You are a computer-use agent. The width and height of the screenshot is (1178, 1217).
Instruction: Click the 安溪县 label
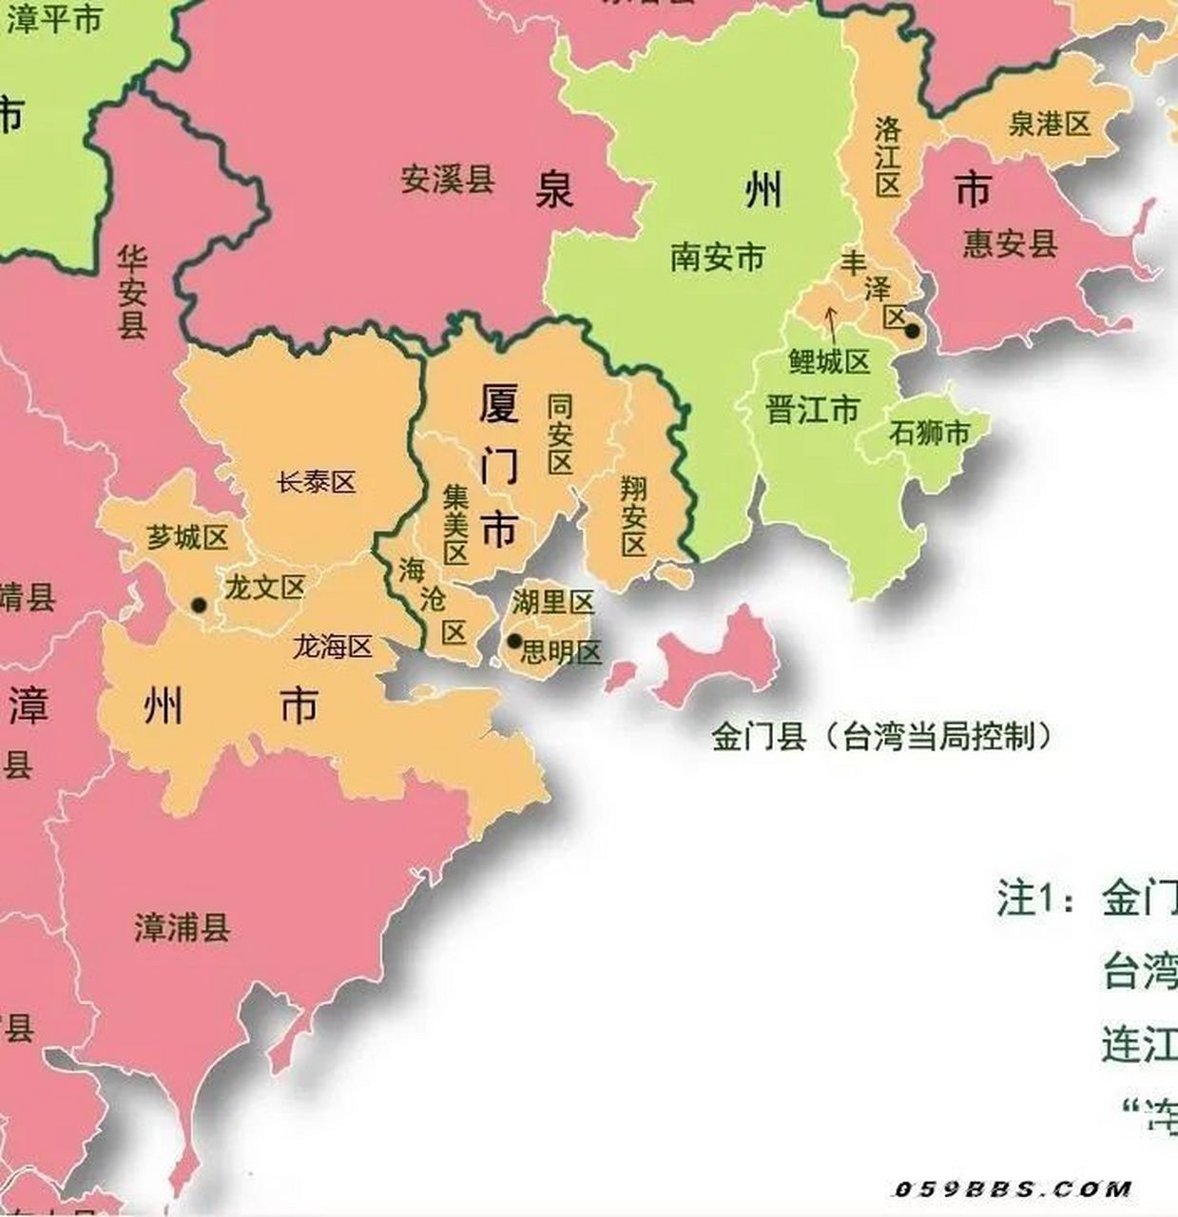[x=447, y=179]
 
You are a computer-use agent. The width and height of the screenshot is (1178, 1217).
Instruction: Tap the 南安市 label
[x=717, y=257]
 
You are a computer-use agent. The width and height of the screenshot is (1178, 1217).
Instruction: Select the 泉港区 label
[x=1049, y=124]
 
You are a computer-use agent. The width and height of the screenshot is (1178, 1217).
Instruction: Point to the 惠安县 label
[x=1010, y=243]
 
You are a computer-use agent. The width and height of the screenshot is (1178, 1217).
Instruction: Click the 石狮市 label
[x=930, y=434]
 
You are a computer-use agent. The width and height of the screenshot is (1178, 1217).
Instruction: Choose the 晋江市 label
[x=812, y=410]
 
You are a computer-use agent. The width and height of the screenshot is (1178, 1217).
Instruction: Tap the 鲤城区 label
[x=829, y=361]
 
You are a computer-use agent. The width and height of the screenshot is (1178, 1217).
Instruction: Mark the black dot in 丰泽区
[x=912, y=332]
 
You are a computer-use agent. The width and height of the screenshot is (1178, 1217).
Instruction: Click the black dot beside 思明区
[x=514, y=641]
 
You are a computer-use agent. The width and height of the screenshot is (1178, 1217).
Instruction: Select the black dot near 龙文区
[x=199, y=605]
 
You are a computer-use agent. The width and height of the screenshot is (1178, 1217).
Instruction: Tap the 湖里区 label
[x=553, y=602]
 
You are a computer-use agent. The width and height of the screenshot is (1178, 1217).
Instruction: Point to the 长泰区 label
[x=317, y=482]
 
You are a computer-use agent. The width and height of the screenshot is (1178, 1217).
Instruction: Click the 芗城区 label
[x=187, y=537]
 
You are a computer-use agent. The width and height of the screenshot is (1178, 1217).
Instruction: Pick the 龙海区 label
[x=332, y=647]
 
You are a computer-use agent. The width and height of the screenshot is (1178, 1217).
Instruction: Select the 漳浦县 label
[x=183, y=927]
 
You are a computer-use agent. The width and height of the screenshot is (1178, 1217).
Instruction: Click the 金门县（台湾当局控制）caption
[x=882, y=736]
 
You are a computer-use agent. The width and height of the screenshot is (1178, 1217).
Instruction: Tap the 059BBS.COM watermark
[x=1013, y=1188]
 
